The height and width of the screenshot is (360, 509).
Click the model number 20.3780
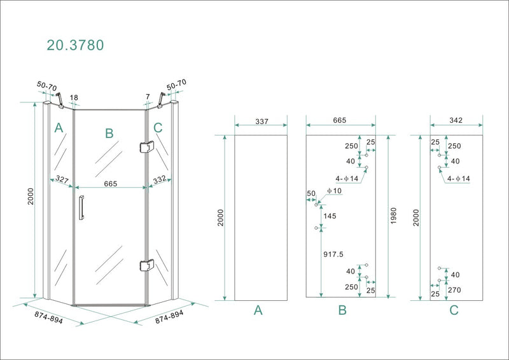click(x=75, y=45)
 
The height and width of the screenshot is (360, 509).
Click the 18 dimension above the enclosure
click(x=74, y=98)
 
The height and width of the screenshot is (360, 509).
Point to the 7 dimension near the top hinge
click(x=148, y=97)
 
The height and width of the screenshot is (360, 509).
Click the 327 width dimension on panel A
click(x=62, y=181)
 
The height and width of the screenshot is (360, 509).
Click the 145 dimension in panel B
click(x=330, y=216)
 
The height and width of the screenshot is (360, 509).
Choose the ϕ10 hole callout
click(x=335, y=191)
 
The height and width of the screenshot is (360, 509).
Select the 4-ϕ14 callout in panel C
click(x=459, y=179)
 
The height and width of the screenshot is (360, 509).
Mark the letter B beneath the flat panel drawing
click(x=342, y=311)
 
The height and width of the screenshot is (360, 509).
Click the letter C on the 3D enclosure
click(x=158, y=128)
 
